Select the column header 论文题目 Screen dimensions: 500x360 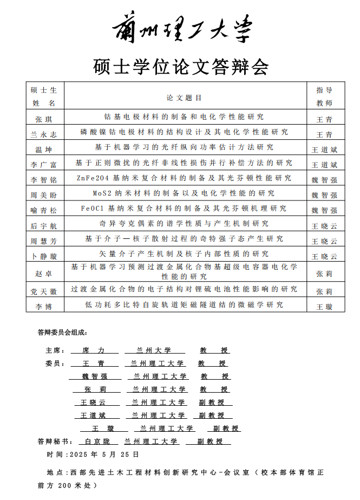click(184, 98)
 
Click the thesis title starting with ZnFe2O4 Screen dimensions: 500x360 click(184, 178)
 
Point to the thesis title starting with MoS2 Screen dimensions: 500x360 click(184, 193)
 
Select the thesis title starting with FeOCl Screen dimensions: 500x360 click(184, 208)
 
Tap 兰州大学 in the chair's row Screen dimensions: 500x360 click(154, 350)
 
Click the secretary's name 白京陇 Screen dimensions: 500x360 click(97, 441)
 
